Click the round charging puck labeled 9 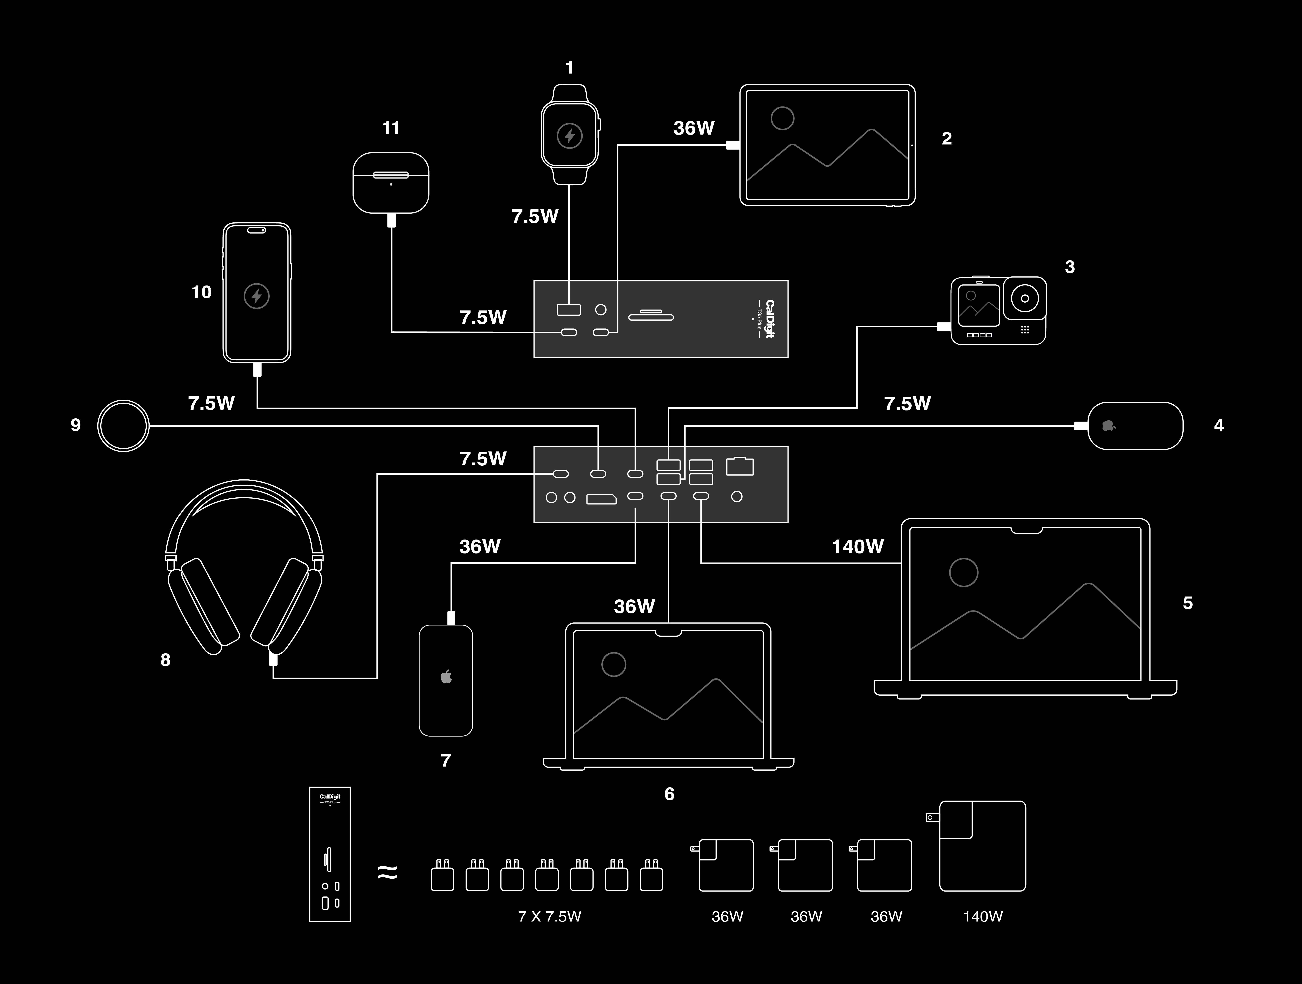(123, 426)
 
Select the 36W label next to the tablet (693, 128)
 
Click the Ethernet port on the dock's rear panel (740, 466)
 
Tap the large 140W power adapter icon (982, 846)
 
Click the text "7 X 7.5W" (549, 916)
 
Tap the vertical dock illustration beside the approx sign (330, 854)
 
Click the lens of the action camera (1025, 299)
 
